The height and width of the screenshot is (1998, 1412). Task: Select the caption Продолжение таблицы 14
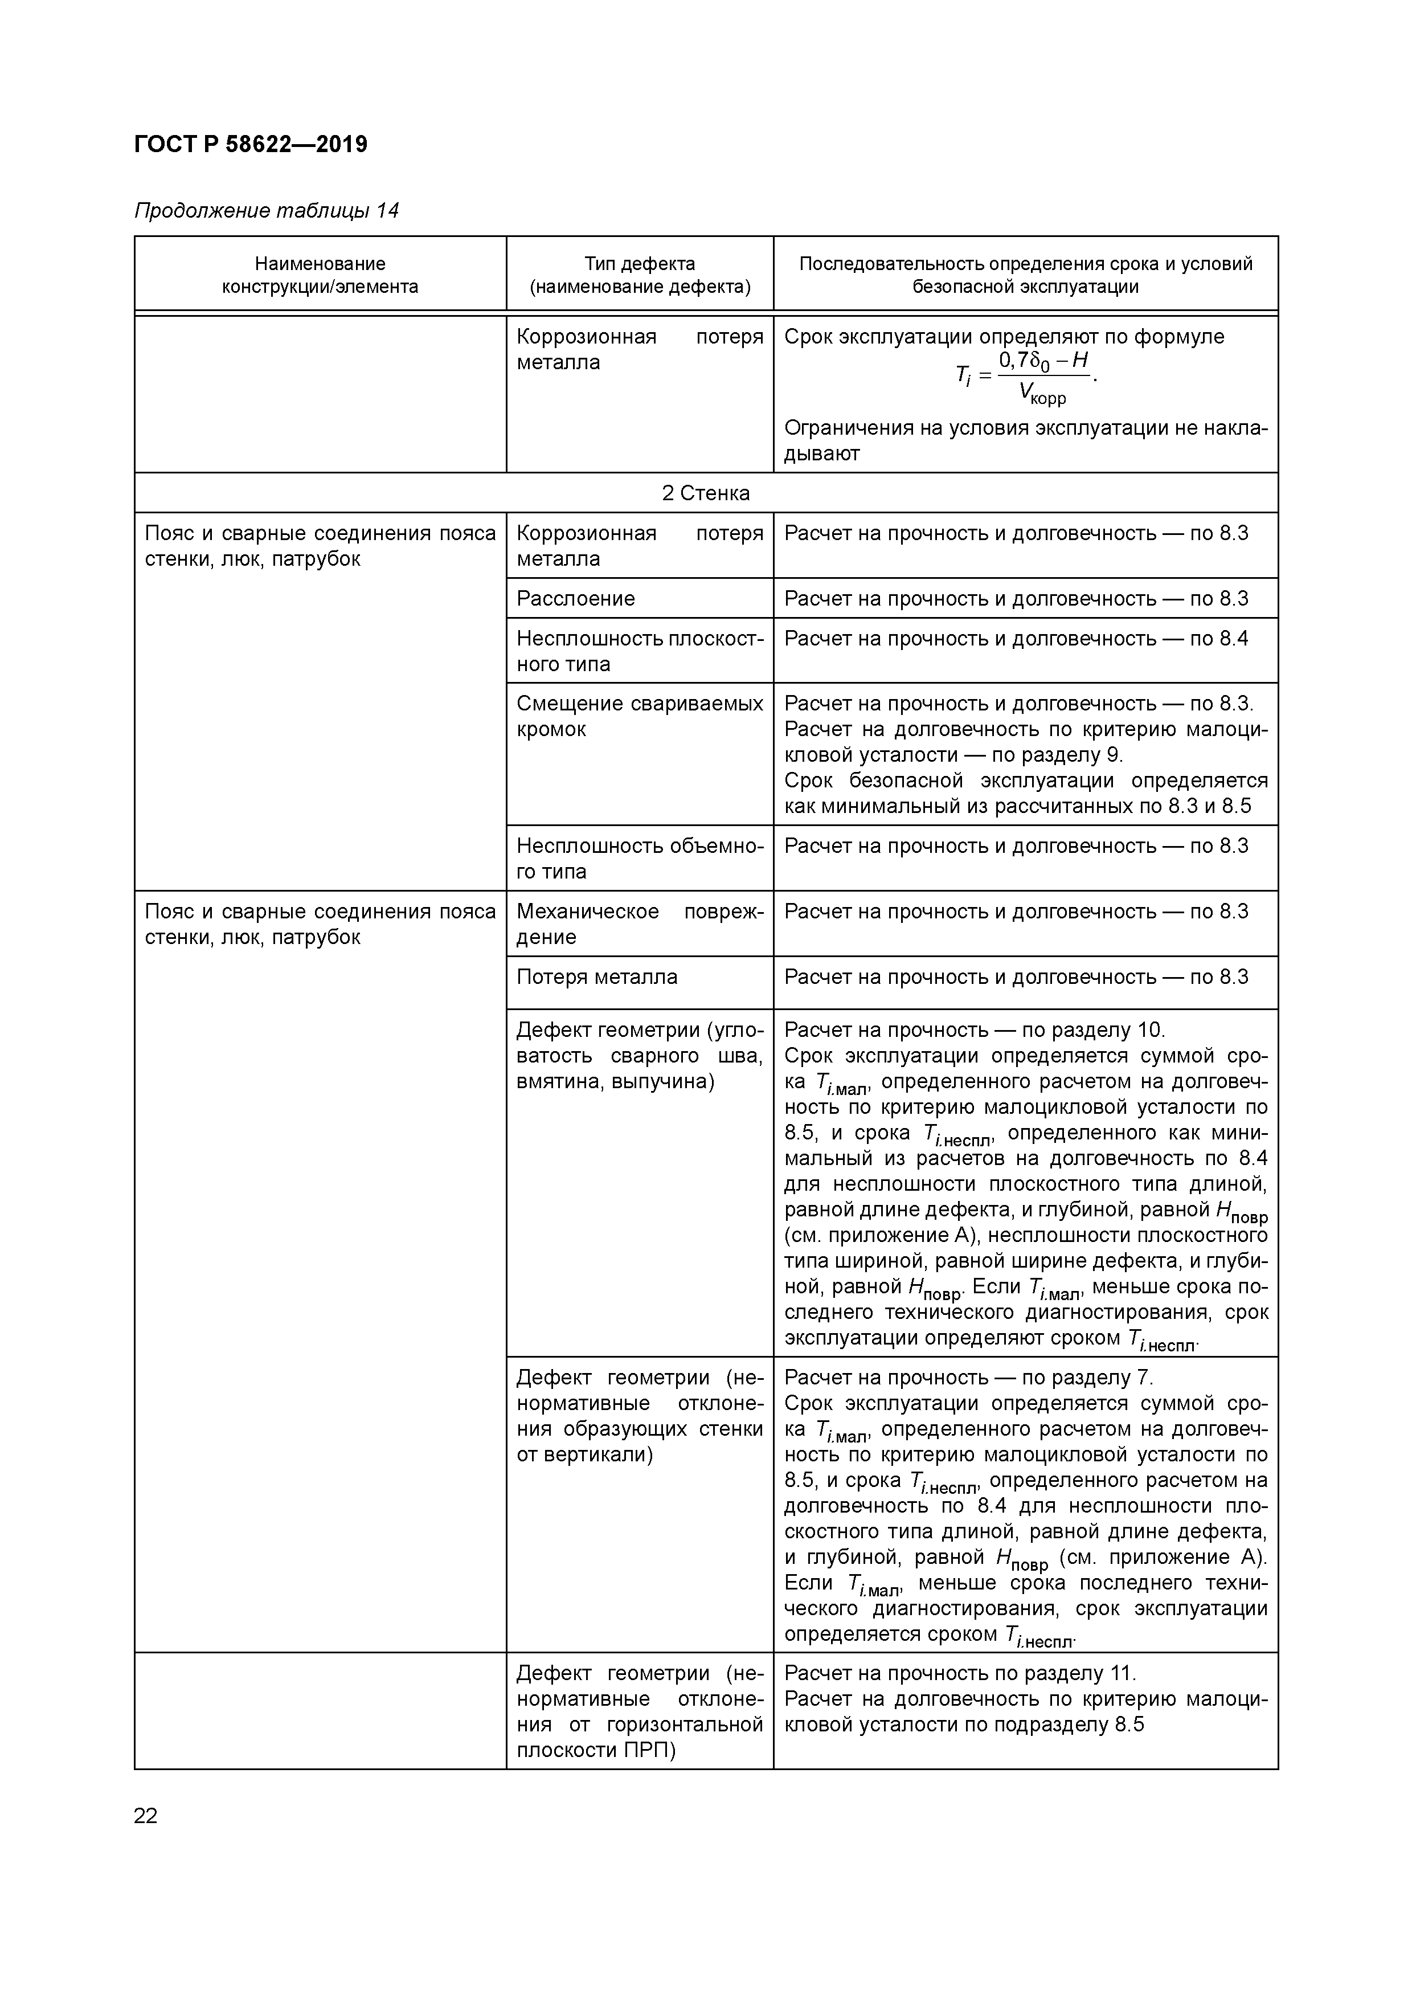(266, 211)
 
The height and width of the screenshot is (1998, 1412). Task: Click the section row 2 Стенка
(706, 493)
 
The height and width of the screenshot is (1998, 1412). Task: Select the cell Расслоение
(576, 599)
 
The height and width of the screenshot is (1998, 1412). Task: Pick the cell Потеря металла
(597, 977)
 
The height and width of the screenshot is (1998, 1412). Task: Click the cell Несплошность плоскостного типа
(640, 651)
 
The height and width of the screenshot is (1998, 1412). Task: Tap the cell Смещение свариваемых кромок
(640, 716)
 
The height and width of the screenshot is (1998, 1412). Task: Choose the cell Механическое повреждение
(640, 924)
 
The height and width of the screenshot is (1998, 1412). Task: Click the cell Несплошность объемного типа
(640, 859)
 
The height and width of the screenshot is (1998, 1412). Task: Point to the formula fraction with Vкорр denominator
(1042, 378)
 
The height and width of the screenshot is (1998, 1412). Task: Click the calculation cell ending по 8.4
(1015, 639)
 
